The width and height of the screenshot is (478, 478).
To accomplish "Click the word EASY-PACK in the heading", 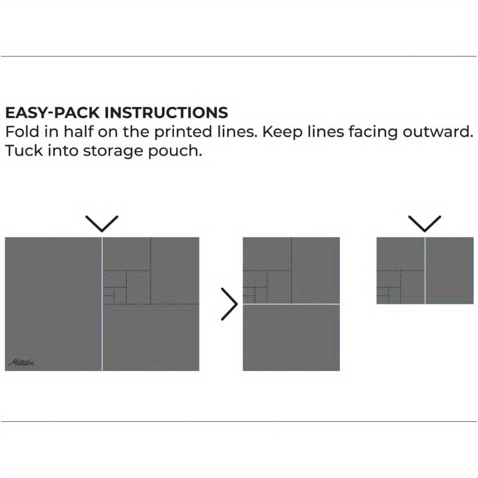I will [53, 112].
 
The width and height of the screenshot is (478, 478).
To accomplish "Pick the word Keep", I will [278, 131].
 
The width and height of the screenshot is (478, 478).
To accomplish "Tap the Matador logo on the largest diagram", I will [22, 362].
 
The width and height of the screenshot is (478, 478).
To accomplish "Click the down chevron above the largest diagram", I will [102, 223].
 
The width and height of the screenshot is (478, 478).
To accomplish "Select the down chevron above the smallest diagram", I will [425, 223].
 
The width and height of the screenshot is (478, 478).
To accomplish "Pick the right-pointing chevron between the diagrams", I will [229, 304].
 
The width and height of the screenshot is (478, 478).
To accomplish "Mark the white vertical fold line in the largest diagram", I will [102, 335].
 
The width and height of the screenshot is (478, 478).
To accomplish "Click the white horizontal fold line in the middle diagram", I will [292, 304].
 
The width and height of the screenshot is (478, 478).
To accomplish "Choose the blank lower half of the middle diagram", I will [292, 338].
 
